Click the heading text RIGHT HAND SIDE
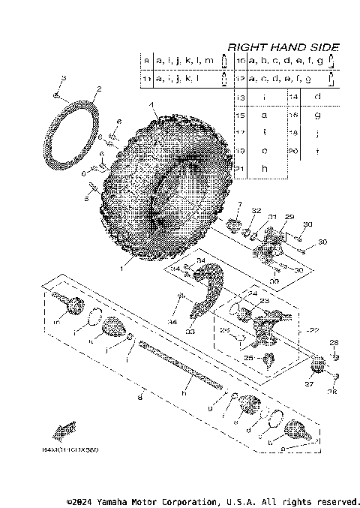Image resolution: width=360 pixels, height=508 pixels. pos(283,47)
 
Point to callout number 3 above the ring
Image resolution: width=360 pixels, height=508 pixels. pos(64,79)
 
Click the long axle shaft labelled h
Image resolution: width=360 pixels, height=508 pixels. pos(180,368)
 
